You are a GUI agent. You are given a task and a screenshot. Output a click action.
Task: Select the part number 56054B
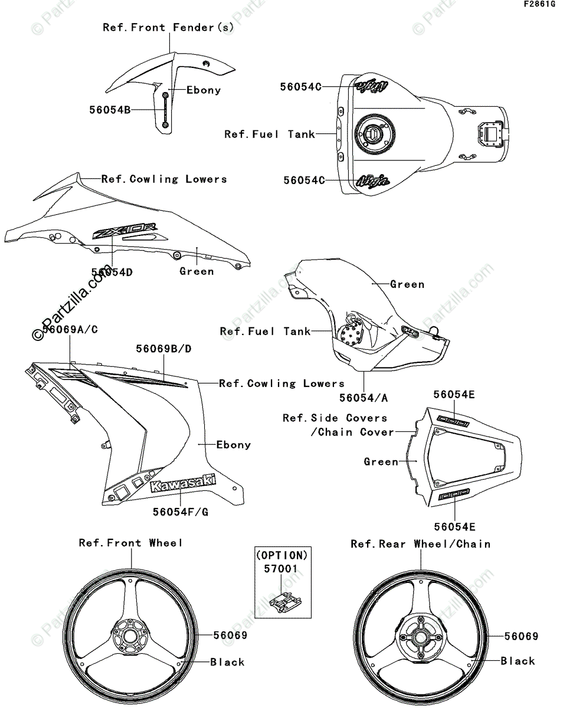(110, 109)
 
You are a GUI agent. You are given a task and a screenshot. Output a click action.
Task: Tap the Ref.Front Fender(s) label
(169, 27)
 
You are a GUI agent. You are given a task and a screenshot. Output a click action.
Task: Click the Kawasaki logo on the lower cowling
(183, 483)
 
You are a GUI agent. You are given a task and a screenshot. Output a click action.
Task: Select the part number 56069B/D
(163, 349)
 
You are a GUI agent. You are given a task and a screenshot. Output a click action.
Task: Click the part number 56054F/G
(181, 512)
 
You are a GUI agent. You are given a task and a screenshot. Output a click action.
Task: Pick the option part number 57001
(281, 569)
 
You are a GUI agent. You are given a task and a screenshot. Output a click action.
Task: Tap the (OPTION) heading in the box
(281, 555)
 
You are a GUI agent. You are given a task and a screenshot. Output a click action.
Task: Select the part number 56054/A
(364, 398)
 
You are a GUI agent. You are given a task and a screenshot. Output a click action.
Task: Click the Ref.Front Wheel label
(131, 543)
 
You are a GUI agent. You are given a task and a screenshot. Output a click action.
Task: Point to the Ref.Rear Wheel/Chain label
(421, 543)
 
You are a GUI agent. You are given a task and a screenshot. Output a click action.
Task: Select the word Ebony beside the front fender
(204, 90)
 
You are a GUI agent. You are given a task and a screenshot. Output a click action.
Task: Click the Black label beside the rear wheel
(518, 661)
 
